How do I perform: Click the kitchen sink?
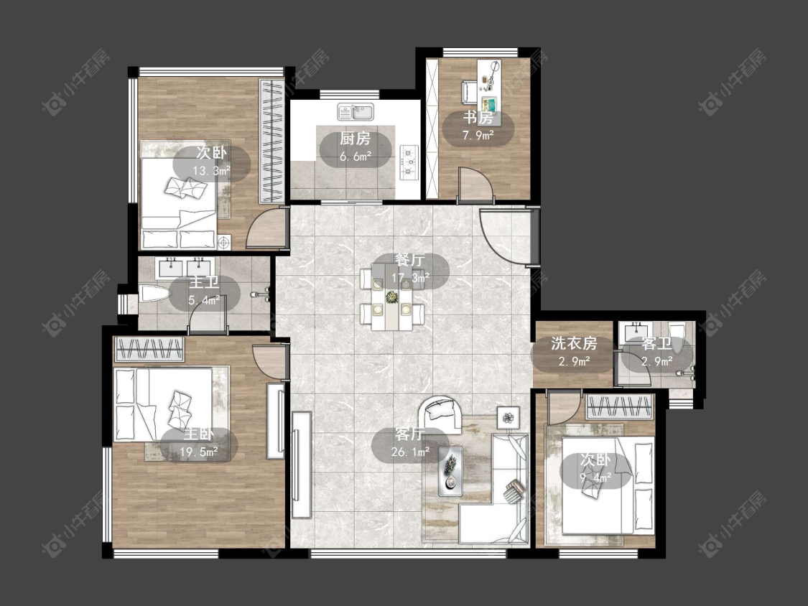point(356,111)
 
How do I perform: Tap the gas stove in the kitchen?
point(409,162)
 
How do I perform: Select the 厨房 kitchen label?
point(355,139)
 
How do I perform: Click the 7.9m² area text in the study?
point(478,136)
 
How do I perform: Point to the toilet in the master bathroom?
point(154,294)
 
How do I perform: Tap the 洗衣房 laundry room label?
point(574,343)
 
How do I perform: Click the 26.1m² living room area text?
point(411,452)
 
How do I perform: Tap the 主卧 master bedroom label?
point(199,435)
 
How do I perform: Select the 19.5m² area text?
point(199,452)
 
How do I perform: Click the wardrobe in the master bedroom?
point(149,349)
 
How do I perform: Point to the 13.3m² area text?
point(211,171)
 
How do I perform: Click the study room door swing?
point(476,182)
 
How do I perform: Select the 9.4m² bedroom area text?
point(595,477)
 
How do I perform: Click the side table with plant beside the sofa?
point(509,417)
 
